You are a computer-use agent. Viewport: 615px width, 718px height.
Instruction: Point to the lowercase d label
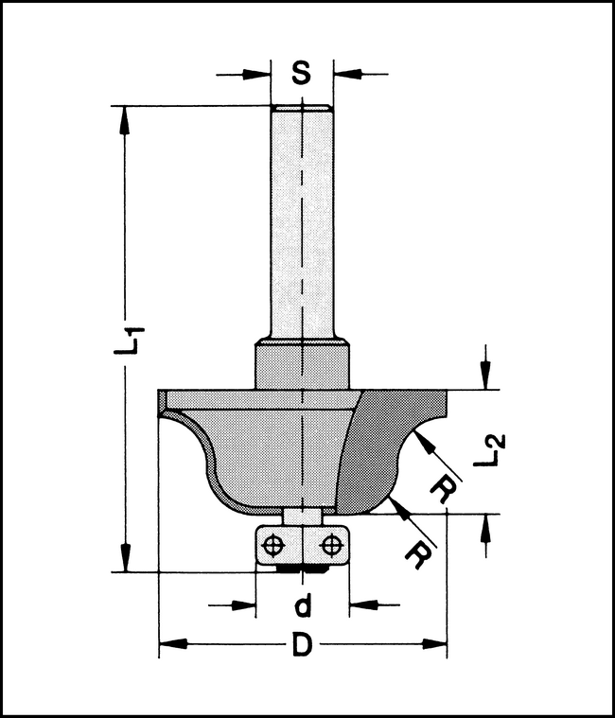302,604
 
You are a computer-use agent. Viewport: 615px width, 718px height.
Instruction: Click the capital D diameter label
301,647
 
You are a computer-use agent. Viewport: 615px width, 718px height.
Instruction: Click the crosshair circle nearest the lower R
331,546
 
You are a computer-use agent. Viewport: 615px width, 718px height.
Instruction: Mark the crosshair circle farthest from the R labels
273,546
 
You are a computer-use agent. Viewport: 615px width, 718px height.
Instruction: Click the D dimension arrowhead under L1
169,646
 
